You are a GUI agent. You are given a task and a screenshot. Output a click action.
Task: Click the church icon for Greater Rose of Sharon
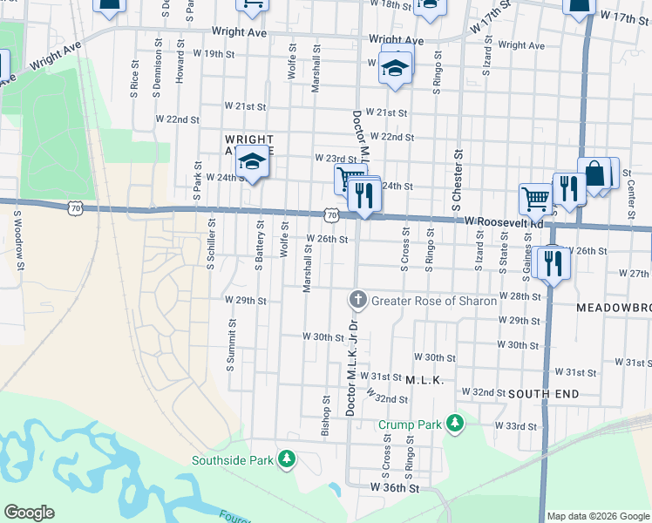click(357, 300)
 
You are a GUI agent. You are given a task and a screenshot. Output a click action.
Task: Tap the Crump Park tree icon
click(453, 425)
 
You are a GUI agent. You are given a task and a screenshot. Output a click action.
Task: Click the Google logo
click(29, 513)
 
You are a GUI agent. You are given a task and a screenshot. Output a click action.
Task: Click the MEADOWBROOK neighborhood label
click(614, 309)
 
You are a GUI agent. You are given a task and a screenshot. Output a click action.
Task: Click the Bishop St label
click(325, 417)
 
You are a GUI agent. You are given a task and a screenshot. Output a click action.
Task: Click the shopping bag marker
click(595, 173)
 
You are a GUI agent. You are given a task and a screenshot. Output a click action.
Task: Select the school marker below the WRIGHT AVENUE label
click(253, 164)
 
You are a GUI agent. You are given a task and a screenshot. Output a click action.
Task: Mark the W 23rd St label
click(336, 159)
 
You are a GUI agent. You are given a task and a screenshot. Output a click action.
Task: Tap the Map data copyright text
click(597, 516)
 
